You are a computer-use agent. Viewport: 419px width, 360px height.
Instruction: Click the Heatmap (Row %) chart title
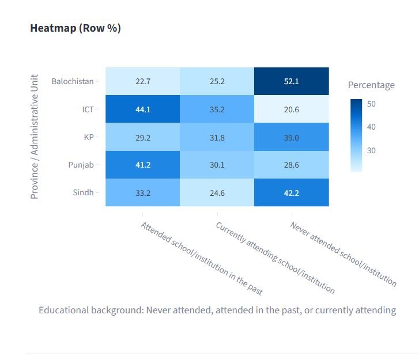tap(76, 28)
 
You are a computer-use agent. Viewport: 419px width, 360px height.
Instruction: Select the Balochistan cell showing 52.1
tap(292, 81)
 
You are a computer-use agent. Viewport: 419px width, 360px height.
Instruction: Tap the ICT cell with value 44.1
tap(142, 109)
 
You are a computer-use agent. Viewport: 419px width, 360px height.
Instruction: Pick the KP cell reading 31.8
tap(217, 137)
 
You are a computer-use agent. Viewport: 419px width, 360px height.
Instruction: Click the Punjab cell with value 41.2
tap(142, 165)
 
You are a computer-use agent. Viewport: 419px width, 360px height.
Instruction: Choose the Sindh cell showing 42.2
tap(292, 192)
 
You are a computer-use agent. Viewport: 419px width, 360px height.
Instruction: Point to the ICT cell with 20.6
tap(292, 109)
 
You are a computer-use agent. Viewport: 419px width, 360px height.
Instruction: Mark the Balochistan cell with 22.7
tap(142, 81)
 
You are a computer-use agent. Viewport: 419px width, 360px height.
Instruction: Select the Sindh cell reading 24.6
tap(217, 192)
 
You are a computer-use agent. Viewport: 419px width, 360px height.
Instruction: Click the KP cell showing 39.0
tap(292, 137)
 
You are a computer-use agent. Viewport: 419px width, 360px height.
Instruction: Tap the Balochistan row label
tap(72, 81)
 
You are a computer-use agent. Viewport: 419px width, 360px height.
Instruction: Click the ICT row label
tap(88, 109)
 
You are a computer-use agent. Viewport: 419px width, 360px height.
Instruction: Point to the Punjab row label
tap(81, 165)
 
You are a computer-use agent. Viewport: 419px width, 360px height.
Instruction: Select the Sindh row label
tap(82, 192)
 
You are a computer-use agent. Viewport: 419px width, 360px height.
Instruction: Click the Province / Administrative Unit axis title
tap(35, 137)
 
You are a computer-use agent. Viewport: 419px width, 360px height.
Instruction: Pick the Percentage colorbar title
tap(371, 85)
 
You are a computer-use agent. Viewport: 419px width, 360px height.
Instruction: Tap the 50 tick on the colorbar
tap(372, 103)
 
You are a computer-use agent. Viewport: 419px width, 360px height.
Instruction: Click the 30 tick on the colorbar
tap(372, 151)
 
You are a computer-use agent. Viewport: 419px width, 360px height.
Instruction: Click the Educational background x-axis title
tap(217, 310)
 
